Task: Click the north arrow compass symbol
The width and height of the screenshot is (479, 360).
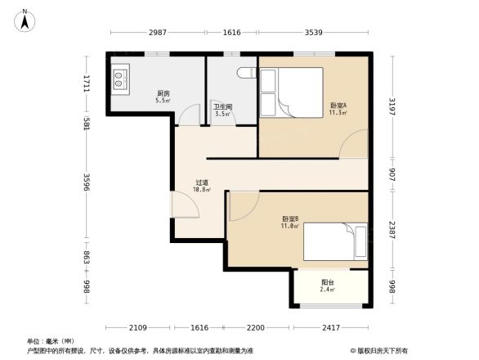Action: point(25,19)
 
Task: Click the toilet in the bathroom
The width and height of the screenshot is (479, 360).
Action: point(245,74)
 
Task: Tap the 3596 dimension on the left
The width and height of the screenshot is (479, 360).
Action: point(87,182)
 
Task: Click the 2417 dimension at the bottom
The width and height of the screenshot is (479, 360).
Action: point(329,327)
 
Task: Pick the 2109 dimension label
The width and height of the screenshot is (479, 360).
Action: point(138,327)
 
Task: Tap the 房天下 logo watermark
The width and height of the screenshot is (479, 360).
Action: point(380,349)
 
